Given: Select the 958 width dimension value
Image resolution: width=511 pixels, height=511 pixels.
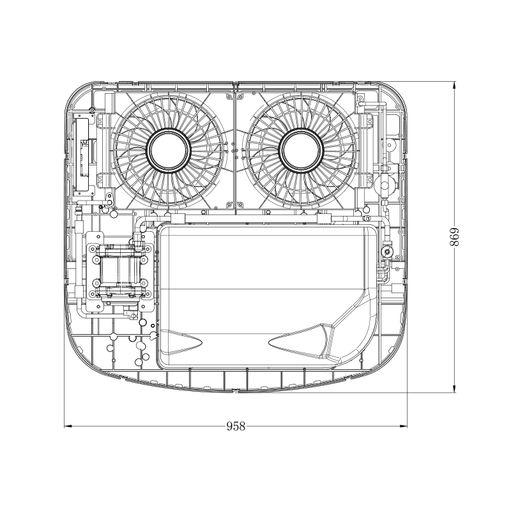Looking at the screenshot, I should point(236,427).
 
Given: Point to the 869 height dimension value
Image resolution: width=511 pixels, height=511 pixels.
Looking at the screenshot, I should point(454,238).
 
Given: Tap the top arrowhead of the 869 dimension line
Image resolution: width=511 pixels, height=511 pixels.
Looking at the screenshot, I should point(454,84).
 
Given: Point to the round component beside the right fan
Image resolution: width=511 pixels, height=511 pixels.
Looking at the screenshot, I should point(385,185).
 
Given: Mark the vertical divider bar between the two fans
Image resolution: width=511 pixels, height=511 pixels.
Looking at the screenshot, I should point(236,150).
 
